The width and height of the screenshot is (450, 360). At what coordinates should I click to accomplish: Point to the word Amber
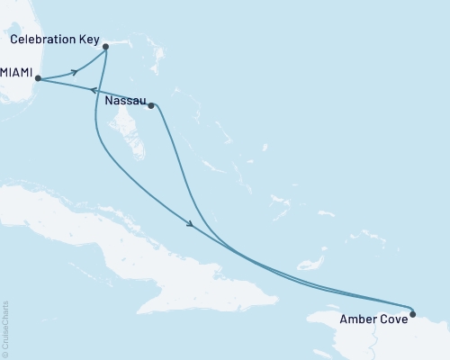pyautogui.click(x=357, y=319)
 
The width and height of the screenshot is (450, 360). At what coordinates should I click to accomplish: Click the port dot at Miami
pyautogui.click(x=38, y=79)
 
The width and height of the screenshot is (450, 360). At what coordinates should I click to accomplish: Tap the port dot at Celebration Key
pyautogui.click(x=106, y=46)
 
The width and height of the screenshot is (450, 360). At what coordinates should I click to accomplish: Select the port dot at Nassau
pyautogui.click(x=150, y=105)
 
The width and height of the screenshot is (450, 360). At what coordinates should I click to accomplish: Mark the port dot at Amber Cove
pyautogui.click(x=412, y=314)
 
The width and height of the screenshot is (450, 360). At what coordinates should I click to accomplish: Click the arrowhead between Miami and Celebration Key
pyautogui.click(x=74, y=71)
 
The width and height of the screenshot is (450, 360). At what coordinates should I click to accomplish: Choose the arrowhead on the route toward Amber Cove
pyautogui.click(x=190, y=225)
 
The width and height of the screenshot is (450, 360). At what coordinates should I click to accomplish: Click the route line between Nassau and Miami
pyautogui.click(x=117, y=96)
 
